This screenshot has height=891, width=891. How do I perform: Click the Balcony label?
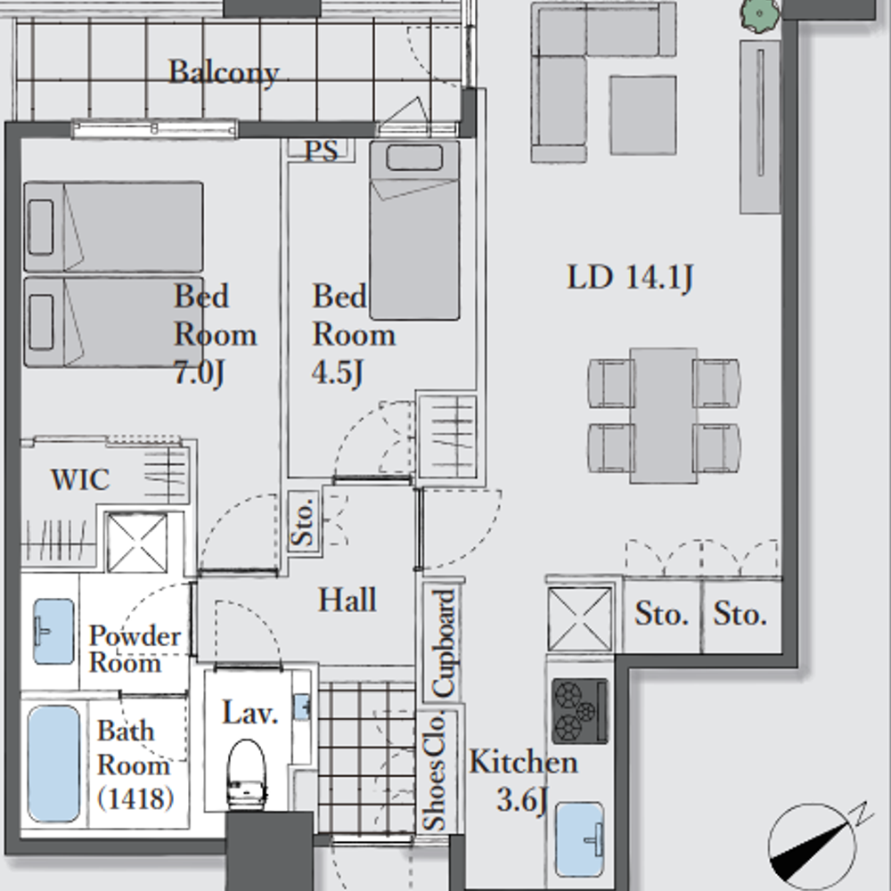click(x=224, y=73)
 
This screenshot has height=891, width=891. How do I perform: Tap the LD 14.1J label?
click(x=630, y=278)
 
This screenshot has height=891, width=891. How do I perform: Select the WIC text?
click(x=80, y=479)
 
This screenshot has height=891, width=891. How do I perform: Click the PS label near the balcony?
click(x=321, y=151)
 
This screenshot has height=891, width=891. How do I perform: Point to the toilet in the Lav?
click(x=247, y=772)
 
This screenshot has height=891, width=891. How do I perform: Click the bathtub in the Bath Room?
click(x=54, y=764)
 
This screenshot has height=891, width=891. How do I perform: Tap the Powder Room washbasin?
click(x=53, y=632)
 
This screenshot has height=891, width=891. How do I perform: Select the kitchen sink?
click(x=579, y=839)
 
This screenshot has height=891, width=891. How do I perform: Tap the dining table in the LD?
click(x=663, y=415)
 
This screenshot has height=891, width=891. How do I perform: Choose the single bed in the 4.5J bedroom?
click(x=414, y=230)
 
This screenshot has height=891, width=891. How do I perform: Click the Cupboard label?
click(x=443, y=643)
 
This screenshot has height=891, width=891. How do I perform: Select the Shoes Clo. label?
click(x=435, y=771)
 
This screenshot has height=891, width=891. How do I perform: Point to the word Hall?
click(x=347, y=600)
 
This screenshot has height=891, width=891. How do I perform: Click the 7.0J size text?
click(x=199, y=373)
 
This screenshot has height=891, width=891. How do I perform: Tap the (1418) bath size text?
click(x=135, y=798)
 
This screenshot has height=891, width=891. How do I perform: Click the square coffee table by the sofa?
click(x=643, y=115)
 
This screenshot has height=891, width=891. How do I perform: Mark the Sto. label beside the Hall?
click(x=303, y=522)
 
